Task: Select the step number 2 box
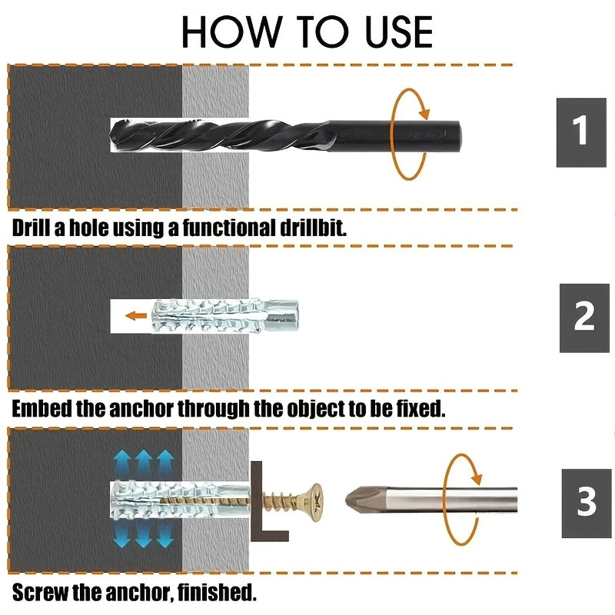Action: pyautogui.click(x=584, y=317)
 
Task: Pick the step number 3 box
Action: pyautogui.click(x=587, y=501)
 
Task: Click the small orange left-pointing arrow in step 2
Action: pyautogui.click(x=138, y=315)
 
